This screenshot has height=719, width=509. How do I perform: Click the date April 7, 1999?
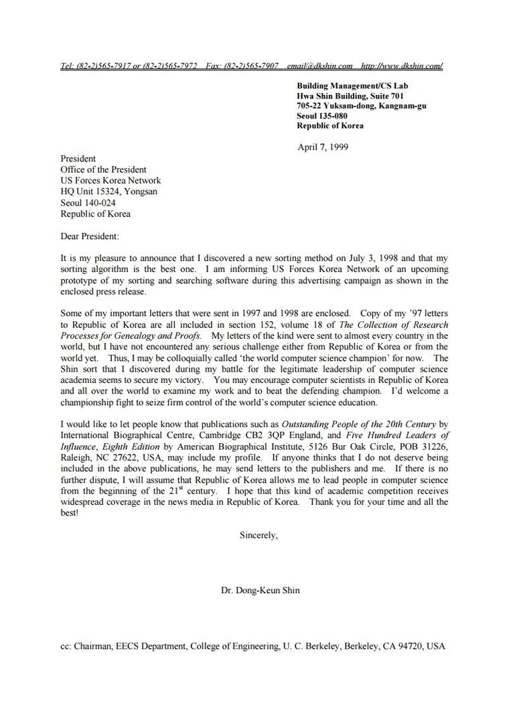323,147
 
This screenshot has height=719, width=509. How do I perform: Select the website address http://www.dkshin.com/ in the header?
402,66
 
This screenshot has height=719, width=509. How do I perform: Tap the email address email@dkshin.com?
319,66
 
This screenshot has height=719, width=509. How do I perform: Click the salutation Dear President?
90,236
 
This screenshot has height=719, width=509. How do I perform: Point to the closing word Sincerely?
259,535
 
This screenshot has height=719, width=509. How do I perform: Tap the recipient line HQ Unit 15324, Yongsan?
109,191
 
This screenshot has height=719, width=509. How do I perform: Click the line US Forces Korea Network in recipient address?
111,180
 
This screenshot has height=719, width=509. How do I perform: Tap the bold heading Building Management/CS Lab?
352,86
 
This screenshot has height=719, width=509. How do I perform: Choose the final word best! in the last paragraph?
70,513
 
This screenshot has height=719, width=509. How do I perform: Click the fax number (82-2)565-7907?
242,66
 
